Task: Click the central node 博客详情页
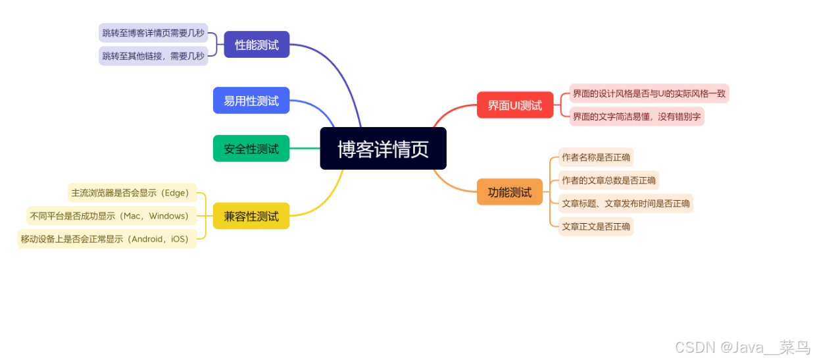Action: [x=383, y=149]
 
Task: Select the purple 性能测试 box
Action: [x=257, y=45]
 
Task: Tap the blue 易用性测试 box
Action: [x=251, y=101]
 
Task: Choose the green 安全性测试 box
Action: [x=251, y=149]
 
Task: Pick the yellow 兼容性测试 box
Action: [x=251, y=216]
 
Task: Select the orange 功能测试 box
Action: [x=510, y=192]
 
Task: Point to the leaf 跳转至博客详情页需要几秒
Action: [x=153, y=32]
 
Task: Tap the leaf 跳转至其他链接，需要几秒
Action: [x=153, y=56]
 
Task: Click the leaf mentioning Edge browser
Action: [x=132, y=193]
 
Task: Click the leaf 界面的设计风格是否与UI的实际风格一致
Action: [x=649, y=93]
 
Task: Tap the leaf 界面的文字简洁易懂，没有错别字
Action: [x=636, y=116]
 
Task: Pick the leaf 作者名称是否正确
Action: [x=596, y=157]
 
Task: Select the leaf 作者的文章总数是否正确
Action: [x=608, y=180]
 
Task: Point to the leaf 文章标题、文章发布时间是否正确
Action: [x=626, y=203]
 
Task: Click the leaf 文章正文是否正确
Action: [x=596, y=226]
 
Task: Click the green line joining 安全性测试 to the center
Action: [x=305, y=149]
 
